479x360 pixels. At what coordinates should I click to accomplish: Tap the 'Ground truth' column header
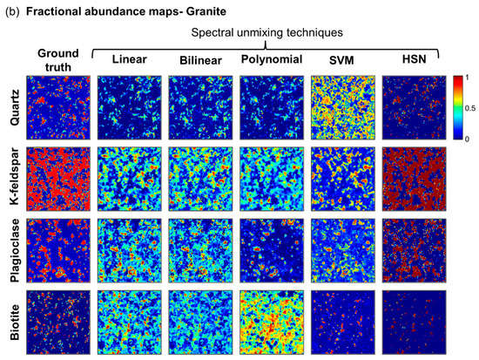coord(56,59)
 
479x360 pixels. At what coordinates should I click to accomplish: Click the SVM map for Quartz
coord(342,107)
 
